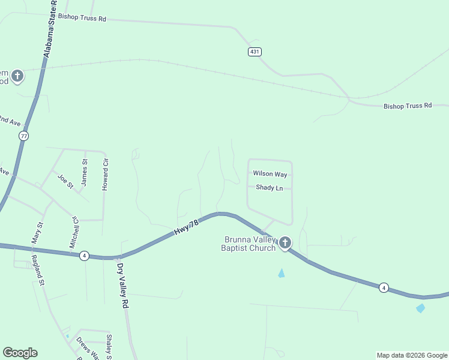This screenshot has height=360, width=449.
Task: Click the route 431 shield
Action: click(x=255, y=52)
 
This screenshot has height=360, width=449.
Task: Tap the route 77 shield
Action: click(x=23, y=136)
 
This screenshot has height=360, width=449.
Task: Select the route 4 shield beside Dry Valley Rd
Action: click(x=85, y=256)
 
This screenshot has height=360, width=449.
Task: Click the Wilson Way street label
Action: click(x=270, y=174)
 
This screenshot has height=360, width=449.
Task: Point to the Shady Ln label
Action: click(x=269, y=188)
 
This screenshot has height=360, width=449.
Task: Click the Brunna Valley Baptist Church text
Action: click(x=249, y=244)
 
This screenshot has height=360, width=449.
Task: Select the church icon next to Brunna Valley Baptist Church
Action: click(x=285, y=243)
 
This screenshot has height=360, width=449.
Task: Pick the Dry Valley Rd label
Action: click(x=123, y=286)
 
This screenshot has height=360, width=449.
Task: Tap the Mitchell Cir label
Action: click(x=74, y=232)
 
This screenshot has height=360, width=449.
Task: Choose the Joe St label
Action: click(x=65, y=181)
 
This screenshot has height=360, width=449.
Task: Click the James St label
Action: click(x=84, y=171)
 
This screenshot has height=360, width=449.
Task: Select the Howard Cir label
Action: click(x=105, y=175)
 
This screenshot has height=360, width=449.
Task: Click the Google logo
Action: click(x=20, y=353)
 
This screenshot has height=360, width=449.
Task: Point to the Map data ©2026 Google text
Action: click(x=411, y=355)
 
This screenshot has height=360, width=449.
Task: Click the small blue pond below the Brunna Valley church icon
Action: click(x=281, y=274)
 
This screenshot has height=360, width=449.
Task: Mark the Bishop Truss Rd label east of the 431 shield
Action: click(x=408, y=106)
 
